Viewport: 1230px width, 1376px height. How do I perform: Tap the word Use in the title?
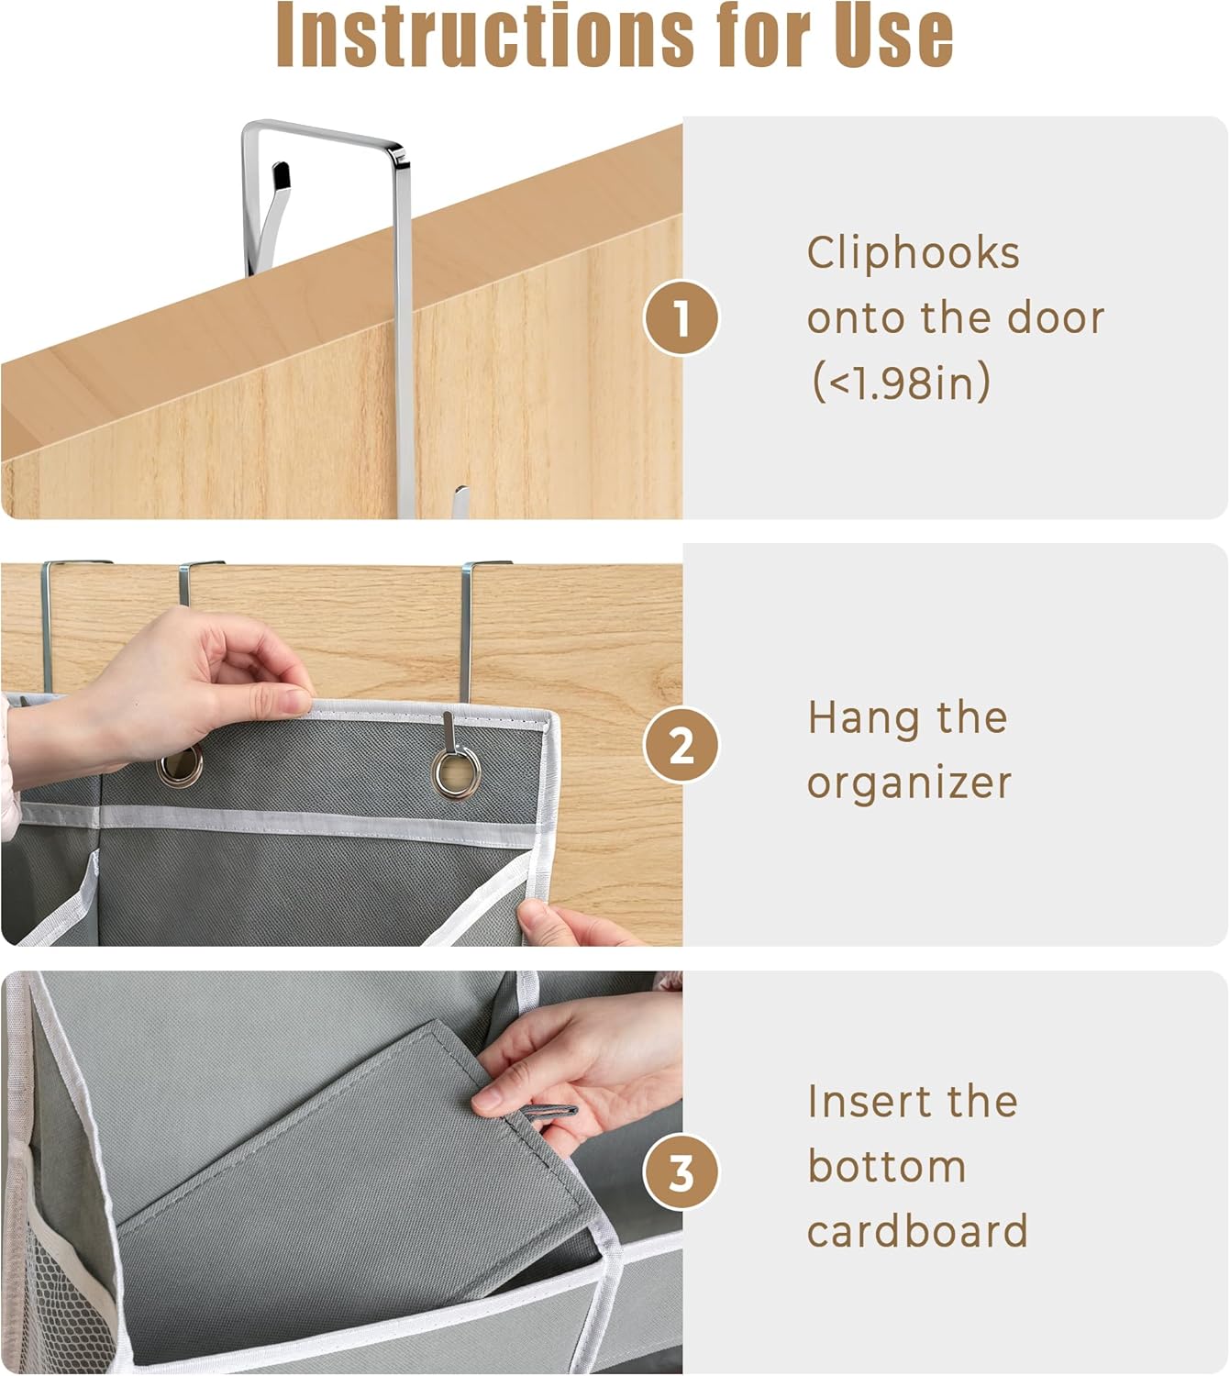pyautogui.click(x=893, y=35)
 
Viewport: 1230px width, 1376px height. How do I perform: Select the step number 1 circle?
pyautogui.click(x=681, y=317)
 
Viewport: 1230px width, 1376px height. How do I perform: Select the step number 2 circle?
pyautogui.click(x=681, y=745)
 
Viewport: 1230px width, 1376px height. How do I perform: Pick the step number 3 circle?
pyautogui.click(x=681, y=1173)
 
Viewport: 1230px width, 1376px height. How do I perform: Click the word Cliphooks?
pyautogui.click(x=914, y=253)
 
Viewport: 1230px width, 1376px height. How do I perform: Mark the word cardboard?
pyautogui.click(x=917, y=1230)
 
